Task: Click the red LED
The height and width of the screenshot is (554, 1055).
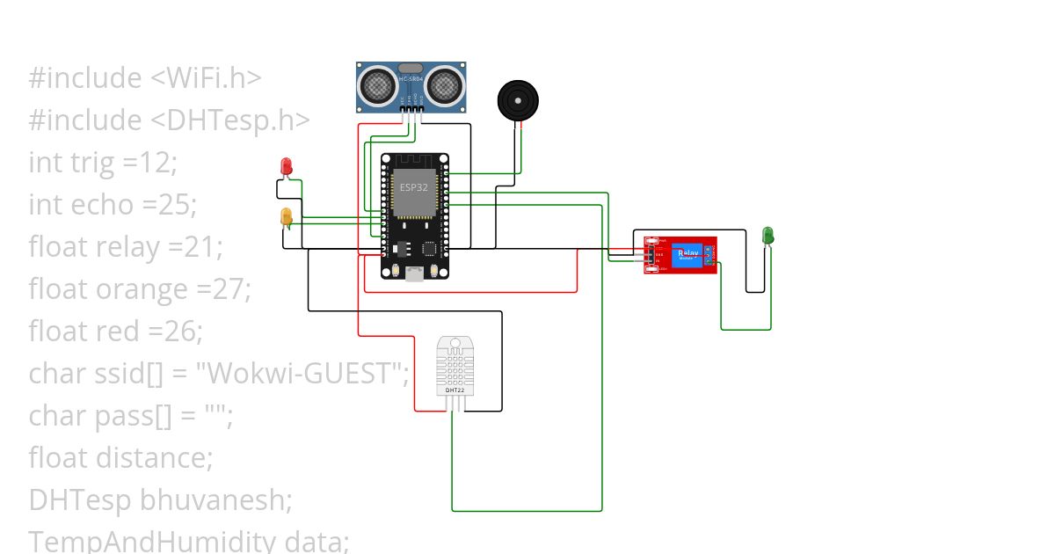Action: (x=286, y=165)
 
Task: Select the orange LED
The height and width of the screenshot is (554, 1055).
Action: (x=286, y=216)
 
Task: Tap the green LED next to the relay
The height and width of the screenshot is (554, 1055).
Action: (x=768, y=235)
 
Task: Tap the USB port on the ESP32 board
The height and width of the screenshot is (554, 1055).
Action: (x=414, y=273)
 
